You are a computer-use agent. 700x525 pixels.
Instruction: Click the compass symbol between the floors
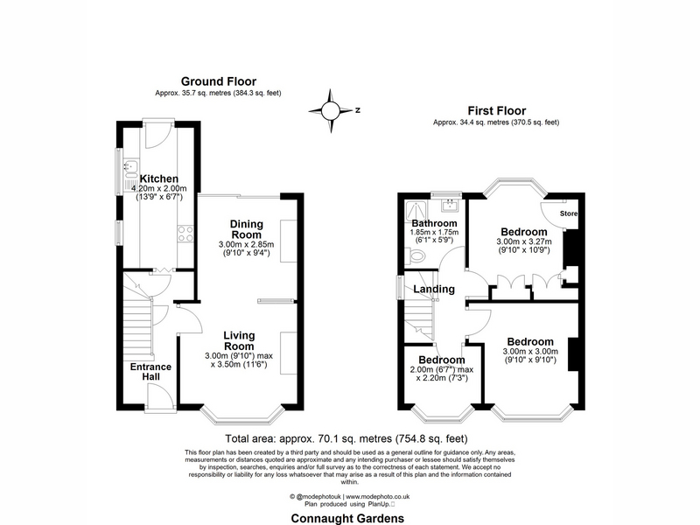pos(331,110)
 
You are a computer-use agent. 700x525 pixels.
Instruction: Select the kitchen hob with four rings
pos(185,234)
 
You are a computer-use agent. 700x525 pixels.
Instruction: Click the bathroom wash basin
pos(450,206)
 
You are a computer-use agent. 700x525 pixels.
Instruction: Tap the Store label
pos(568,213)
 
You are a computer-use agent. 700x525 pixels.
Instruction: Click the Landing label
pos(434,290)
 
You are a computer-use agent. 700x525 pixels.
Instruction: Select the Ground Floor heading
pos(218,81)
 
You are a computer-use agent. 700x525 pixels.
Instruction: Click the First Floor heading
pos(497,110)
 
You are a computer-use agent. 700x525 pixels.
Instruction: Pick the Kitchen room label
pos(159,178)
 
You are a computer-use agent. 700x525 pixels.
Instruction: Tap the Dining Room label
pos(247,229)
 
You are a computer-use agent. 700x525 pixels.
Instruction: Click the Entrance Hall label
pos(150,371)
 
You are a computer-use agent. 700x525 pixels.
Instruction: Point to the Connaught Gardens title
pos(347,518)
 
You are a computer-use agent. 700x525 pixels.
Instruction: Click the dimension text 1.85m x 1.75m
pos(434,232)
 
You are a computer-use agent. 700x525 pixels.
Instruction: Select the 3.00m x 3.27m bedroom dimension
pos(524,241)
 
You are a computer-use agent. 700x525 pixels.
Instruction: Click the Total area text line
pos(346,438)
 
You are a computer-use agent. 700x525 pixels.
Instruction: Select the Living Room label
pos(239,340)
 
